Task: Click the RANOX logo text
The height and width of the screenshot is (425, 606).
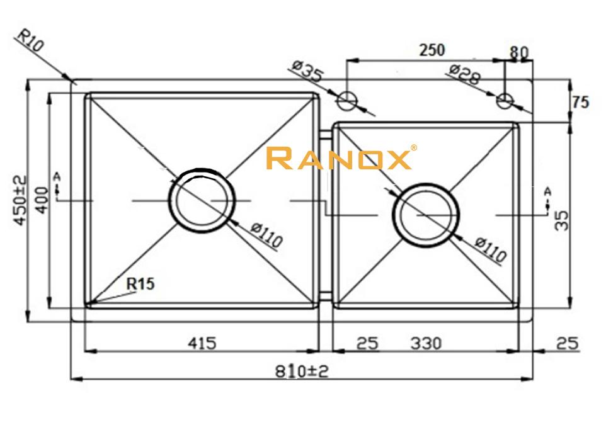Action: pos(339,159)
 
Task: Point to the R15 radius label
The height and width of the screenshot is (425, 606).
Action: pos(140,284)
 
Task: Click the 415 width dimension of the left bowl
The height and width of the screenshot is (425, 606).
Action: pos(202,343)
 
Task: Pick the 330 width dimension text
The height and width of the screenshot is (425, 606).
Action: pos(426,343)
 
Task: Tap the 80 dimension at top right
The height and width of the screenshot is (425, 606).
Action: pos(519,52)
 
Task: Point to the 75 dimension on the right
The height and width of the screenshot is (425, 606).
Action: pos(580,102)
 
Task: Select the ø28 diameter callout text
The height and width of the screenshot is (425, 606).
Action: pos(465,75)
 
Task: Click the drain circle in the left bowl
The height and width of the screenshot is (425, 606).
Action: pos(202,201)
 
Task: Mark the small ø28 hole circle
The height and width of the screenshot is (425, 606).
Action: pos(505,99)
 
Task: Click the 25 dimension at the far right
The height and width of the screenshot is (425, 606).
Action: pos(568,343)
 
